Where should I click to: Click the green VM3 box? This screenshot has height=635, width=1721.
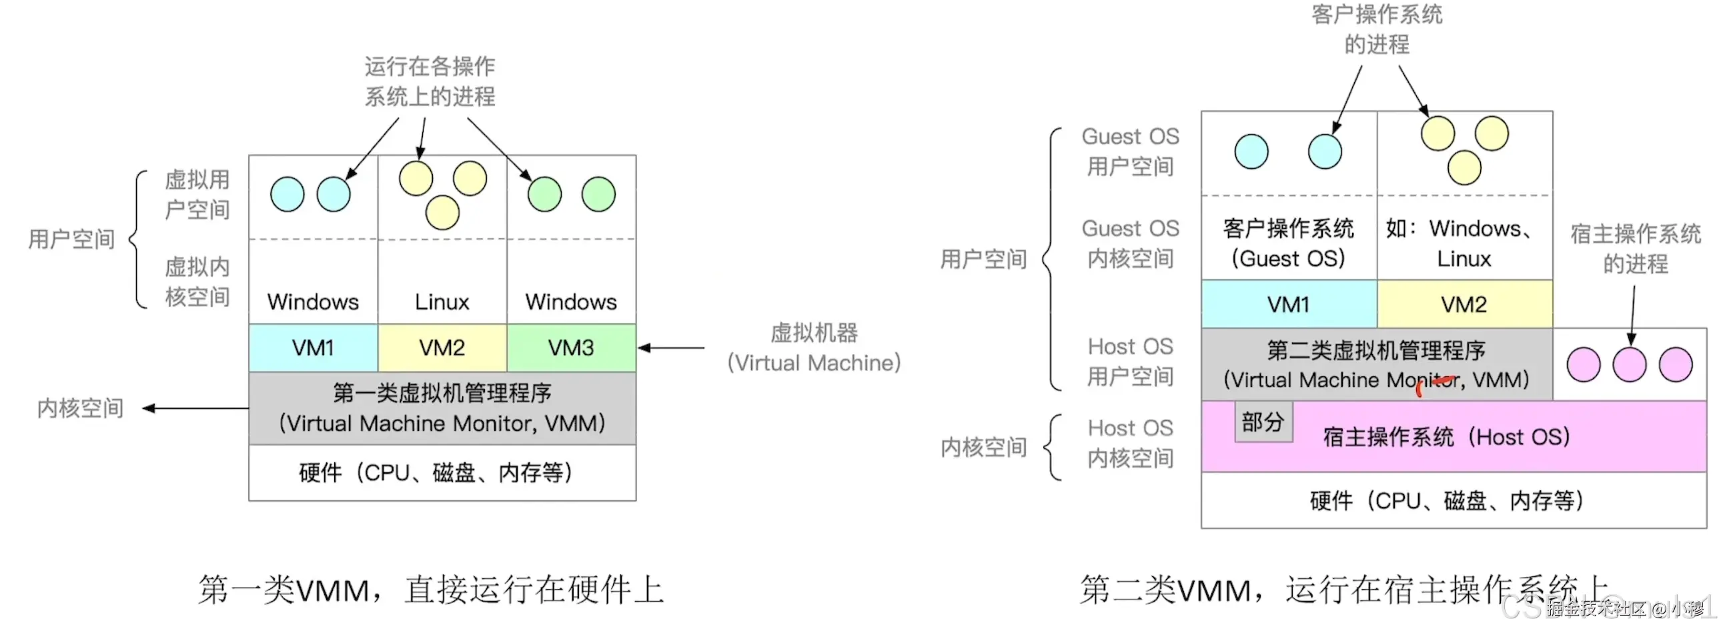pyautogui.click(x=571, y=348)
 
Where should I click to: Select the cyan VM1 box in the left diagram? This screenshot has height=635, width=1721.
pyautogui.click(x=313, y=348)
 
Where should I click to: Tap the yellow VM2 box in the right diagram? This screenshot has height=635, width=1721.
pyautogui.click(x=1464, y=304)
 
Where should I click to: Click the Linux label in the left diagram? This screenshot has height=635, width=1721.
pyautogui.click(x=442, y=301)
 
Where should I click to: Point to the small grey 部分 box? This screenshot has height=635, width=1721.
pyautogui.click(x=1263, y=422)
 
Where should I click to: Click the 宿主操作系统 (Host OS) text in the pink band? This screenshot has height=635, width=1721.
pyautogui.click(x=1446, y=438)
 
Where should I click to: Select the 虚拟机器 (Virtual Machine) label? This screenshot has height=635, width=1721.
pyautogui.click(x=814, y=348)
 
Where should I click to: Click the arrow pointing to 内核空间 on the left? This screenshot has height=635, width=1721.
pyautogui.click(x=193, y=408)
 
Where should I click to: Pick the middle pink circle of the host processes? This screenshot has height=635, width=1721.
pyautogui.click(x=1629, y=365)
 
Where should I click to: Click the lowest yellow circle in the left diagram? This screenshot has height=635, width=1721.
pyautogui.click(x=442, y=212)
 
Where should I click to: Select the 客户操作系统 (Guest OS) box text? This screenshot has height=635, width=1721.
pyautogui.click(x=1288, y=243)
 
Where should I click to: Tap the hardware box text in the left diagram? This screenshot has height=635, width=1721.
pyautogui.click(x=436, y=473)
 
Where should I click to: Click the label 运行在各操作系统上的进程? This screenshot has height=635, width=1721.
pyautogui.click(x=430, y=81)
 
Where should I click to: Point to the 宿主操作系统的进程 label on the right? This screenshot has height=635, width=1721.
pyautogui.click(x=1635, y=248)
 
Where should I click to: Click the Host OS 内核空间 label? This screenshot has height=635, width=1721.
pyautogui.click(x=1131, y=443)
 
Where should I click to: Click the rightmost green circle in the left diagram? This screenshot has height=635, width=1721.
pyautogui.click(x=598, y=194)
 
